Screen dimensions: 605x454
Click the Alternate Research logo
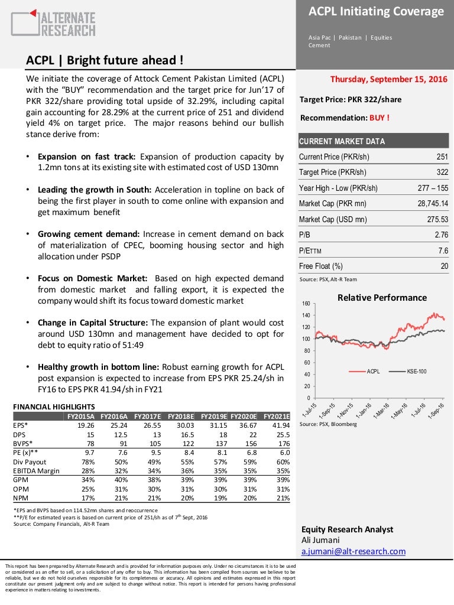pyautogui.click(x=53, y=23)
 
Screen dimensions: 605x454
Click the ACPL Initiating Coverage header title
pyautogui.click(x=376, y=11)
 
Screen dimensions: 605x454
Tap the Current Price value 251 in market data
pyautogui.click(x=442, y=157)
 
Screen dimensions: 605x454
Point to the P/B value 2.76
pyautogui.click(x=441, y=235)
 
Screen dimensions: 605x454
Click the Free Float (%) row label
pyautogui.click(x=321, y=266)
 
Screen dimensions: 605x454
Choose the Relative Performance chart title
pyautogui.click(x=381, y=298)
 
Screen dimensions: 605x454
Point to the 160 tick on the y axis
pyautogui.click(x=306, y=304)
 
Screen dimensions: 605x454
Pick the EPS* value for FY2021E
pyautogui.click(x=280, y=425)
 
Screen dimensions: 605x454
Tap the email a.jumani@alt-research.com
pyautogui.click(x=354, y=551)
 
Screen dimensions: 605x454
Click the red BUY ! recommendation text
pyautogui.click(x=380, y=117)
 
